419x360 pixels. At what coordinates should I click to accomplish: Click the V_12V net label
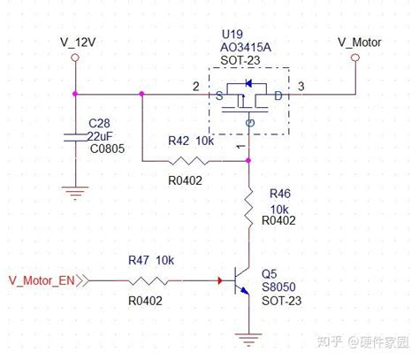78,42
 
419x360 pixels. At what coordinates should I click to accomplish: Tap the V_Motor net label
360,42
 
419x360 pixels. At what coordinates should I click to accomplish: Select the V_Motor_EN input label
42,280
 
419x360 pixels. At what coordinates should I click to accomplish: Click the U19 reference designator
232,34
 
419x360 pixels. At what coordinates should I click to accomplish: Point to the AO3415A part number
246,47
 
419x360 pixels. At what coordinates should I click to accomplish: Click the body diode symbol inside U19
248,83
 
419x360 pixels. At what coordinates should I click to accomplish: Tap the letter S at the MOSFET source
219,96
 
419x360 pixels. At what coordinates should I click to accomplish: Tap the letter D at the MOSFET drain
278,96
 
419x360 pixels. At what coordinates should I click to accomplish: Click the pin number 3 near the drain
301,87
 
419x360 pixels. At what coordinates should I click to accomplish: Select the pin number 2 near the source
196,87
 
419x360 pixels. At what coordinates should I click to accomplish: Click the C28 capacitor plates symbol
76,137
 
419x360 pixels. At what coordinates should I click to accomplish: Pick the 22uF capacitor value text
100,136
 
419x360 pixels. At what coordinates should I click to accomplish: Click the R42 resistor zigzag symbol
187,161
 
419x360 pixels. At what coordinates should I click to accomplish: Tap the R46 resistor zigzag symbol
248,207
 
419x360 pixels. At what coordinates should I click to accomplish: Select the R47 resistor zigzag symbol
149,280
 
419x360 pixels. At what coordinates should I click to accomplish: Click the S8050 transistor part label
278,287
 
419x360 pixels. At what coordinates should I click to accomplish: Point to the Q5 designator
270,274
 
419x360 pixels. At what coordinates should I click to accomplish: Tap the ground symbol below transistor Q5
248,340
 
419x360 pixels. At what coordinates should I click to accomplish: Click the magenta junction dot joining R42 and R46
248,160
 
